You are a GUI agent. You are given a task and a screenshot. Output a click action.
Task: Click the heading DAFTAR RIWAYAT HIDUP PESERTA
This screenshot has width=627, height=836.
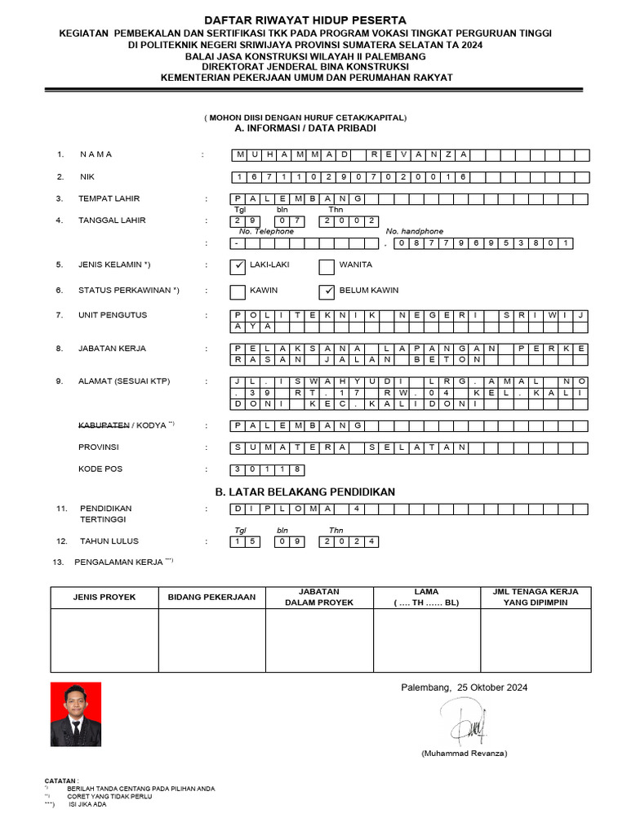[x=305, y=20]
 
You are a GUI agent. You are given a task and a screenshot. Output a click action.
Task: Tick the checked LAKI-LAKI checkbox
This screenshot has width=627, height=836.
[x=238, y=266]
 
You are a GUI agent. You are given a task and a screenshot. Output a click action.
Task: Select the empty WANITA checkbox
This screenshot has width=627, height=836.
[x=327, y=266]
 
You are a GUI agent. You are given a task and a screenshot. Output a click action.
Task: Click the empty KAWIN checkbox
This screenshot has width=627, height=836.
[x=238, y=291]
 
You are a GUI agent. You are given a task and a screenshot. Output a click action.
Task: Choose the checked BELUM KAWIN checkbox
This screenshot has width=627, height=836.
[x=327, y=291]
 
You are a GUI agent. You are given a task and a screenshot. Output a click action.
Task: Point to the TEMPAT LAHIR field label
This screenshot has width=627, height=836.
[x=109, y=198]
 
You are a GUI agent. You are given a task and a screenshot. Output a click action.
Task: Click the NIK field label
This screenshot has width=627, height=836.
[x=87, y=176]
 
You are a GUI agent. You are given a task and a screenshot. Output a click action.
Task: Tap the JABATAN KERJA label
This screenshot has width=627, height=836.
[x=112, y=349]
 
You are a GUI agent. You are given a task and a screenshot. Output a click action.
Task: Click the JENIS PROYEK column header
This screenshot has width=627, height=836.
[x=104, y=597]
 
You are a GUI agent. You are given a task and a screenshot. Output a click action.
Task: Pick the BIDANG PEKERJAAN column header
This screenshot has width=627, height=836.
[x=211, y=597]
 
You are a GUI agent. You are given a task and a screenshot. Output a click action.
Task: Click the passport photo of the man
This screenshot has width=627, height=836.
[x=75, y=715]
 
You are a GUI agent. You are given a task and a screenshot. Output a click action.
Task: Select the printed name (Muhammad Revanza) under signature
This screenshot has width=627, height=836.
[x=465, y=752]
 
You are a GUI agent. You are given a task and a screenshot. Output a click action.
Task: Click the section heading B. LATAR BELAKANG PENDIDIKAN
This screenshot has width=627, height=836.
[x=305, y=491]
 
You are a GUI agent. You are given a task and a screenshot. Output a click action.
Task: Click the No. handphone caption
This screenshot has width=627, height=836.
[x=415, y=231]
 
